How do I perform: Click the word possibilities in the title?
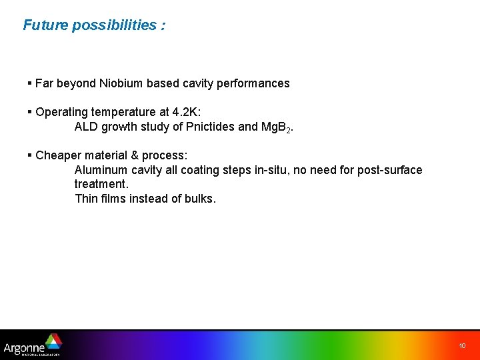113,25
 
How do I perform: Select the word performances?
255,83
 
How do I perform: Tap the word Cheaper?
58,155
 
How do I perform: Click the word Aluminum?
100,170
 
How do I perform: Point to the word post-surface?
389,170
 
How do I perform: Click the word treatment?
100,184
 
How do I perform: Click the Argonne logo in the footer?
32,345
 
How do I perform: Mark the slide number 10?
462,345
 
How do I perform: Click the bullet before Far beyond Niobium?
30,83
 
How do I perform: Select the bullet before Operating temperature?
30,112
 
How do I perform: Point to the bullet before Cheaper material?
30,155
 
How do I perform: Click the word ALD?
86,127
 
